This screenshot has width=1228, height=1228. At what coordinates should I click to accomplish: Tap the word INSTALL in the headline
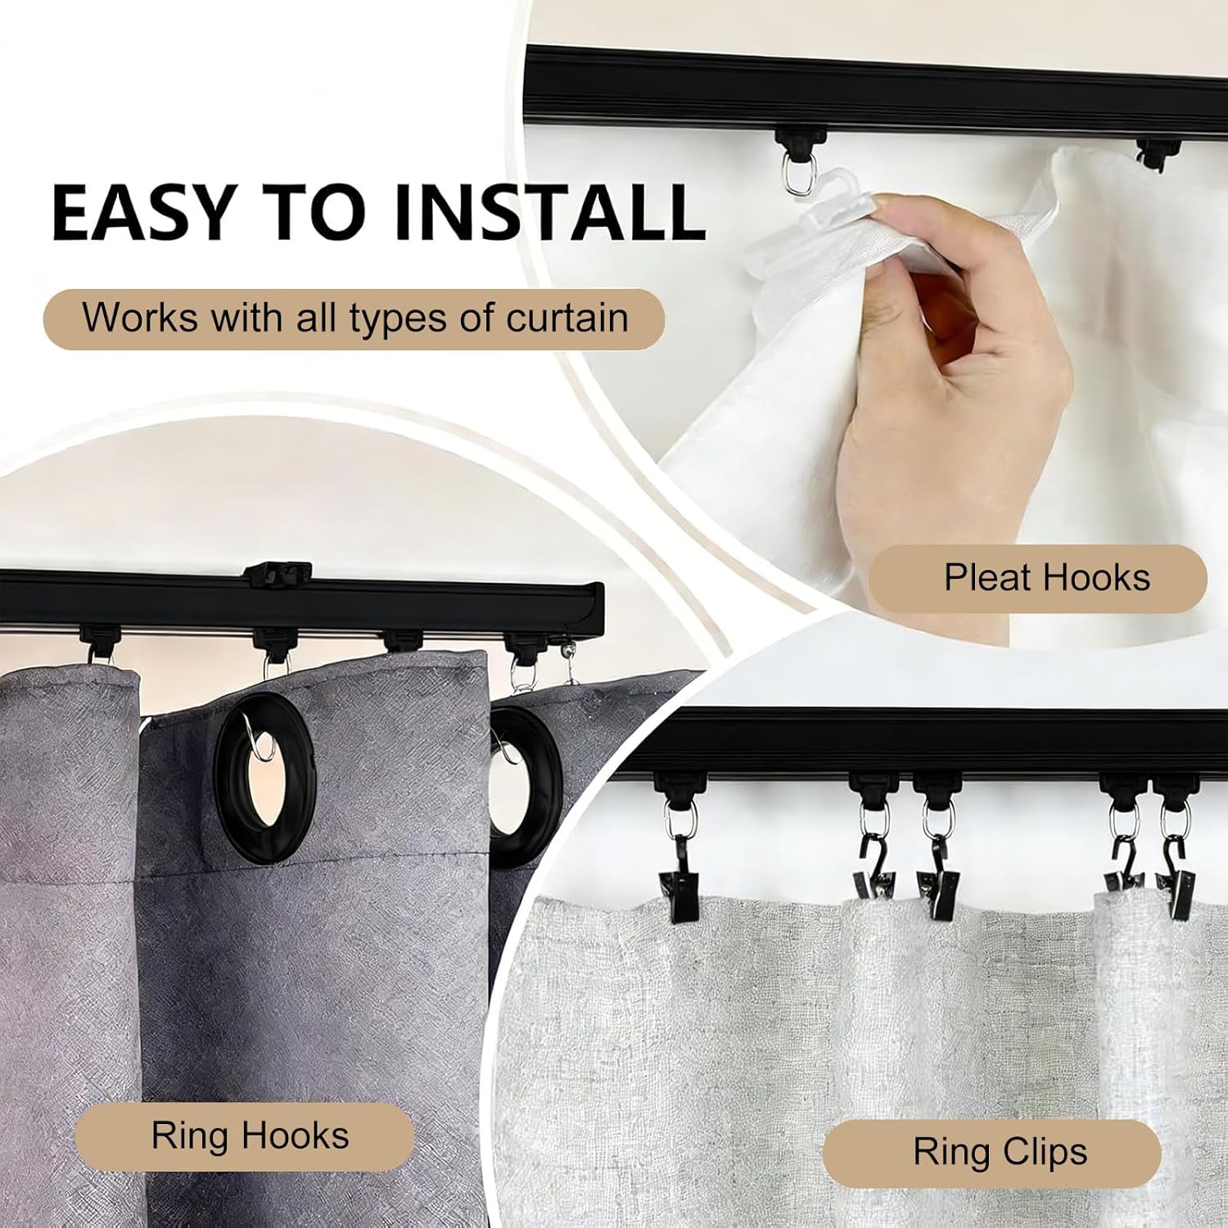click(549, 211)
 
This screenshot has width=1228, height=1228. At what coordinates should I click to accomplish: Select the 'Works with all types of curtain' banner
click(354, 318)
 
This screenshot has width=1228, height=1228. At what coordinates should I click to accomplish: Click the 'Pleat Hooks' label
click(1038, 578)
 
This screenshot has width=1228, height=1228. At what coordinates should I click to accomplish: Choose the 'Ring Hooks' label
click(245, 1136)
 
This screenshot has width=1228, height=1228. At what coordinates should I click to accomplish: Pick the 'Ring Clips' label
click(992, 1152)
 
